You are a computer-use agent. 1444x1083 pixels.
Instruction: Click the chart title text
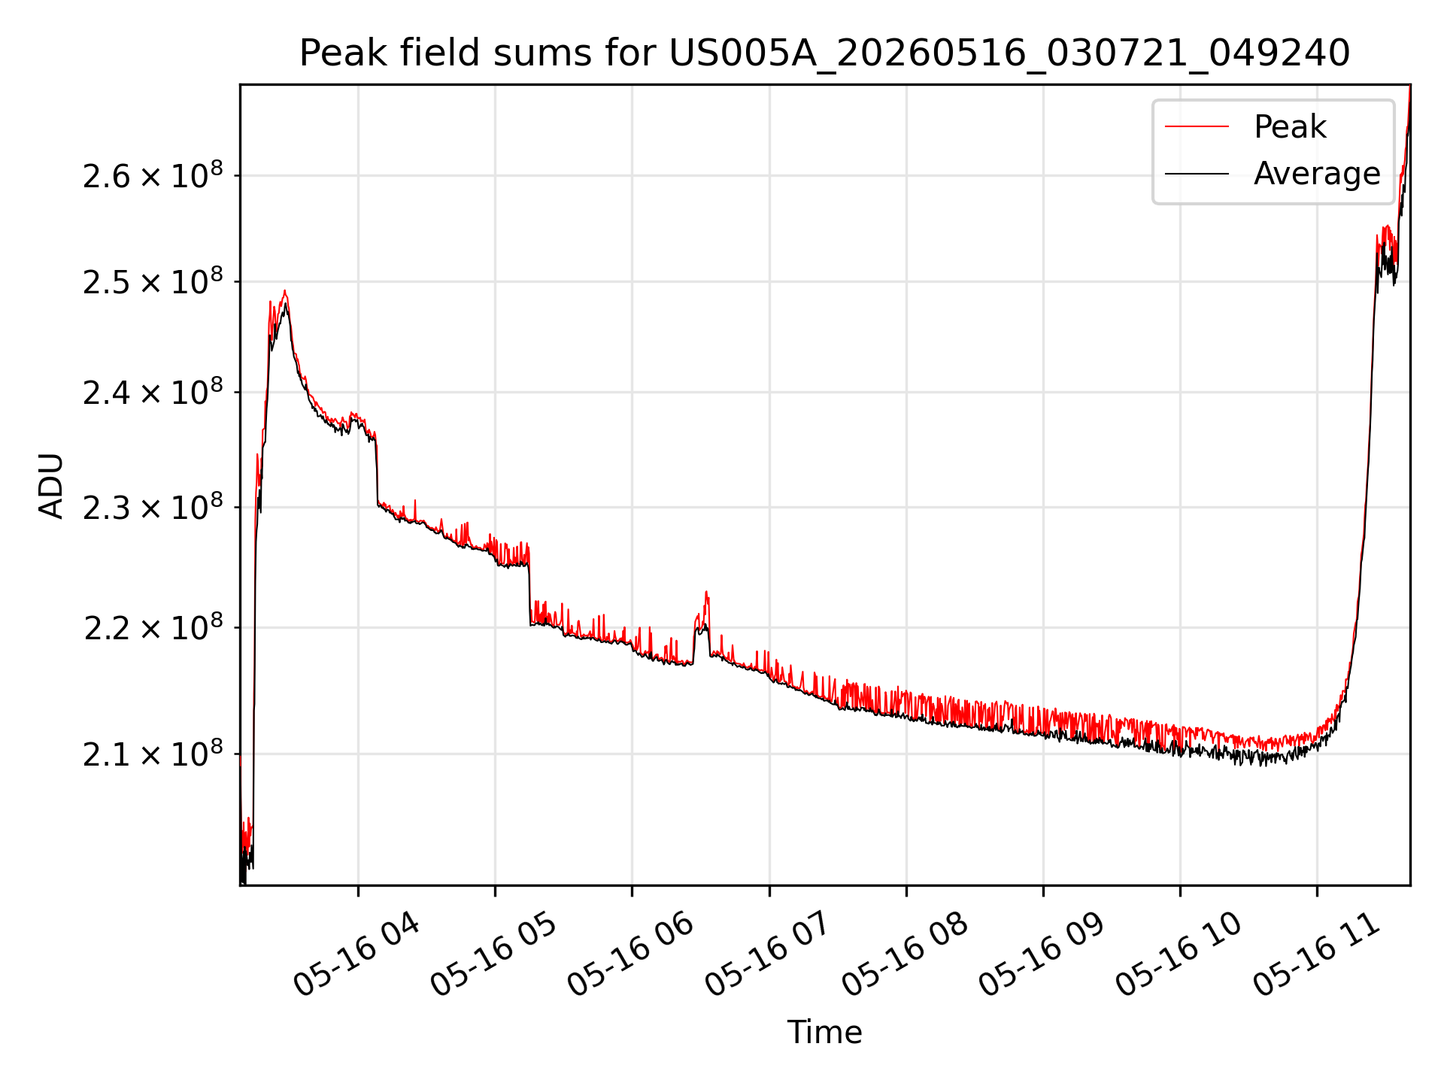pyautogui.click(x=824, y=53)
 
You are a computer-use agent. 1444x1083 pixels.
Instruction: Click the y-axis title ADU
pyautogui.click(x=51, y=485)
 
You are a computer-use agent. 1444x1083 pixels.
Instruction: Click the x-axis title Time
pyautogui.click(x=824, y=1032)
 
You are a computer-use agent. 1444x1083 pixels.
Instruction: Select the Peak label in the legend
pyautogui.click(x=1290, y=127)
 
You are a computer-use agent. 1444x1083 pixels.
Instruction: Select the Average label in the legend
pyautogui.click(x=1317, y=174)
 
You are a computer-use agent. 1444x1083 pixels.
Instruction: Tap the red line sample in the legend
pyautogui.click(x=1197, y=127)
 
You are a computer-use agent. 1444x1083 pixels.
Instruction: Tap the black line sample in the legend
pyautogui.click(x=1197, y=174)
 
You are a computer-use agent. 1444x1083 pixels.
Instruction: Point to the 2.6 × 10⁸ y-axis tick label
pyautogui.click(x=153, y=176)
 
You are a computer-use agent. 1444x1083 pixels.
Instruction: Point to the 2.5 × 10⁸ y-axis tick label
pyautogui.click(x=153, y=282)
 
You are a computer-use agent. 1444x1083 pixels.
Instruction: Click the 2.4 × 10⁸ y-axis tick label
pyautogui.click(x=153, y=392)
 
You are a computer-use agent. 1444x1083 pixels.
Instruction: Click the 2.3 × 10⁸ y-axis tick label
pyautogui.click(x=153, y=507)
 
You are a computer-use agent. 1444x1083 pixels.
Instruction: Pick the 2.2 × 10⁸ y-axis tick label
pyautogui.click(x=153, y=627)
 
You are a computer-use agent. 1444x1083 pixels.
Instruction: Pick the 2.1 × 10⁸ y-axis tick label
pyautogui.click(x=153, y=754)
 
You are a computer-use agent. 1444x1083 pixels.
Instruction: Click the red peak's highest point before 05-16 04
pyautogui.click(x=284, y=290)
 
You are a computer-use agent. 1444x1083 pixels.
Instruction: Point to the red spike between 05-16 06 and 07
pyautogui.click(x=706, y=592)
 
